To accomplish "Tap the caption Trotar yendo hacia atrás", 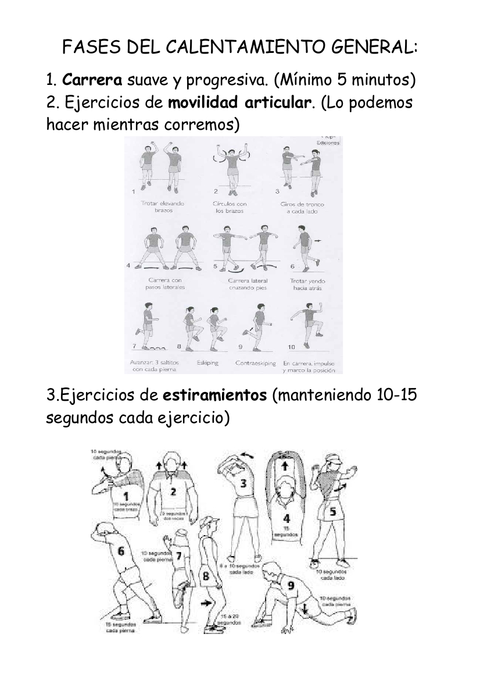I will pyautogui.click(x=308, y=284).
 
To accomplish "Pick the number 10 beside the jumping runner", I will pyautogui.click(x=291, y=347).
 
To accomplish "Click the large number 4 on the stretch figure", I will pyautogui.click(x=286, y=519).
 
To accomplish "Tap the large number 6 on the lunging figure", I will pyautogui.click(x=121, y=551).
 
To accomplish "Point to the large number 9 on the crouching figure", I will pyautogui.click(x=291, y=585).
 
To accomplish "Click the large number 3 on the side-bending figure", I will pyautogui.click(x=243, y=483).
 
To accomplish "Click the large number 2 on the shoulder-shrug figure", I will pyautogui.click(x=173, y=491).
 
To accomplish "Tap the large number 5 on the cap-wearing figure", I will pyautogui.click(x=332, y=512).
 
